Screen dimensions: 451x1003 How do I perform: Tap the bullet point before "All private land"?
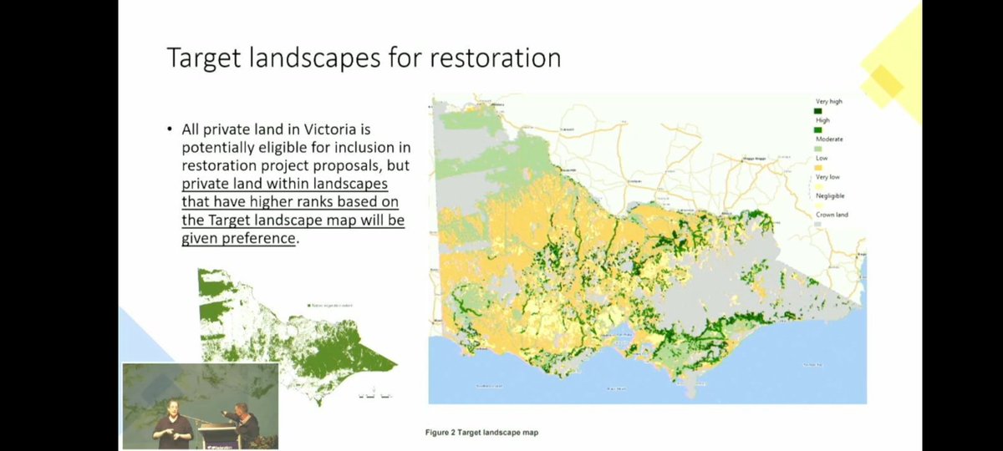[170, 130]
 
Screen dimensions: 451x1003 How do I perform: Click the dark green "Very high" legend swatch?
[818, 110]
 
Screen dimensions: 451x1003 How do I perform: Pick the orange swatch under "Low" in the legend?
[818, 167]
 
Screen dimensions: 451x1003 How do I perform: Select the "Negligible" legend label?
[830, 195]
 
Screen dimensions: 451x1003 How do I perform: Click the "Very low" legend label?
[827, 177]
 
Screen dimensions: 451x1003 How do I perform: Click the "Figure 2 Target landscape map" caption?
[486, 433]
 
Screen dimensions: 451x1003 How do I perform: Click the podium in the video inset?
[209, 430]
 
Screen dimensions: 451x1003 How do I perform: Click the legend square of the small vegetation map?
[309, 306]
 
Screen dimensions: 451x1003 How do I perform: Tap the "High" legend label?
[822, 119]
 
